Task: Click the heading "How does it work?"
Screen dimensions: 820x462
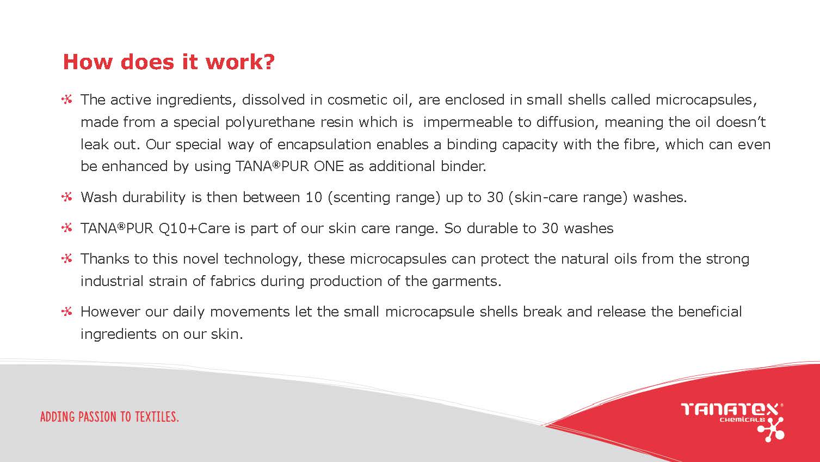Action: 169,62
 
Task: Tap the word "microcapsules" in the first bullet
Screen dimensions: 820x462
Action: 705,100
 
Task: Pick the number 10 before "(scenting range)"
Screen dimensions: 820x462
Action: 314,197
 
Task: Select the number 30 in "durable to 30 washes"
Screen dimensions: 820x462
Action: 550,228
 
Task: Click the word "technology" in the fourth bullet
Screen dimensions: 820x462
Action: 263,259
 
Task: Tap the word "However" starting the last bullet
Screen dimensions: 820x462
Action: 110,312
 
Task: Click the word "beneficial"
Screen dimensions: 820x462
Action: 710,312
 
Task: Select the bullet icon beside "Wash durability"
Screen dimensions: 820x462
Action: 67,197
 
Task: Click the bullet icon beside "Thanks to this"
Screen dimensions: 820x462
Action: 67,259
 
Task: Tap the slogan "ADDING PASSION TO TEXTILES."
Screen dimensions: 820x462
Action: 109,417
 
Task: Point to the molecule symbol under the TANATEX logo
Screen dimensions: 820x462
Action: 771,430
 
